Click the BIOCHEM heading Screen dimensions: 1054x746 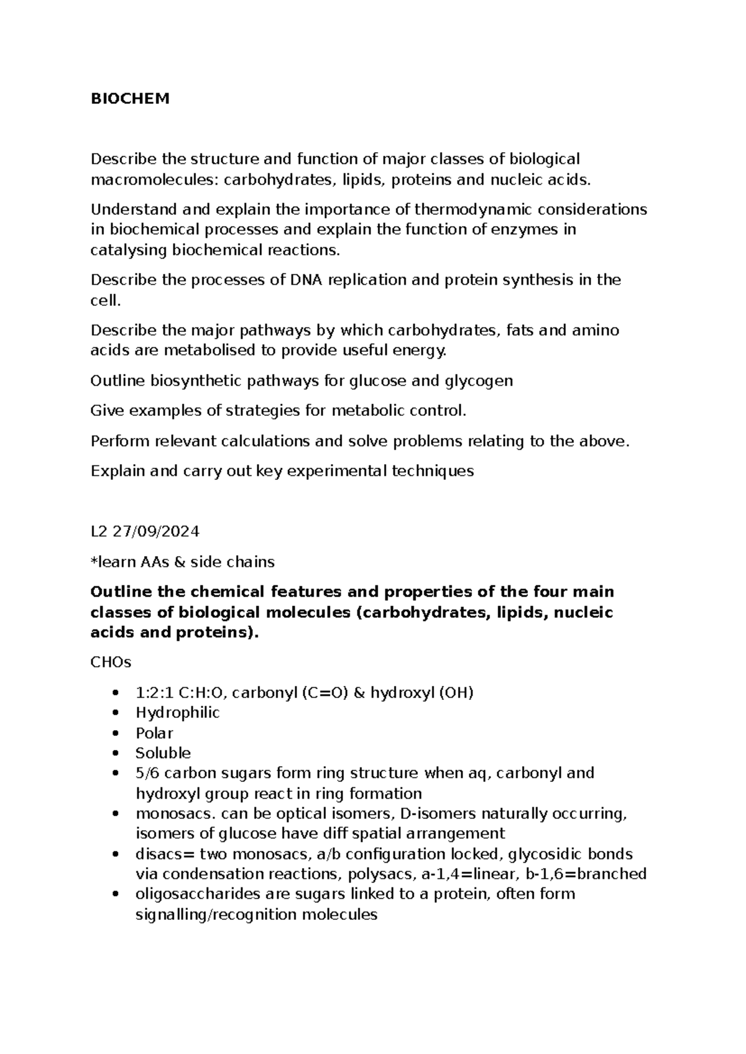coord(130,99)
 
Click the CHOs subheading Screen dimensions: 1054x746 coord(111,662)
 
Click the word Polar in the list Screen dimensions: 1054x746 coord(154,733)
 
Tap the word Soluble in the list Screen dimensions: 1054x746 coord(163,753)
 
